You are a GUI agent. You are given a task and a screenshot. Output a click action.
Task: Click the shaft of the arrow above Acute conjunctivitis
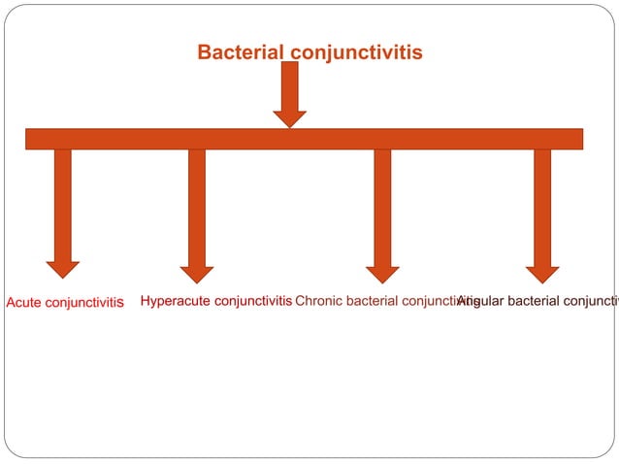(x=63, y=204)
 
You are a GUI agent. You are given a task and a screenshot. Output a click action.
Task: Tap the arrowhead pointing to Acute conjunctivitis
(x=63, y=269)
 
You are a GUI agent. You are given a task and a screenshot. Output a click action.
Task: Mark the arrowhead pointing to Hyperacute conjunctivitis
(x=197, y=274)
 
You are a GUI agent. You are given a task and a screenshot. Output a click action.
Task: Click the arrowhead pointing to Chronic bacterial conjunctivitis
(x=382, y=274)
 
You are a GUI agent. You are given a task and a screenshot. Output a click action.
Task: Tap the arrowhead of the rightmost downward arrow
(x=542, y=274)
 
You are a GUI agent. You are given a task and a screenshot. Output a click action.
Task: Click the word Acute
(x=25, y=303)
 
